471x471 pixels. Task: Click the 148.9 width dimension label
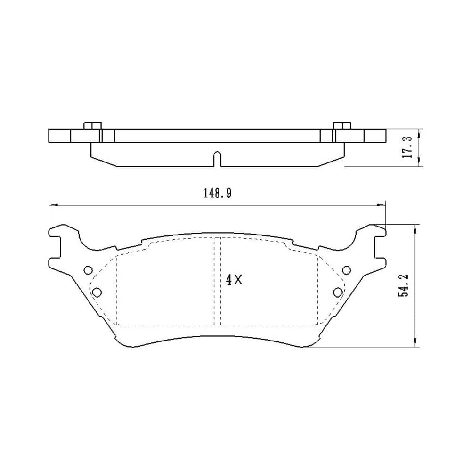pyautogui.click(x=218, y=194)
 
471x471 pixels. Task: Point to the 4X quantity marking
pyautogui.click(x=234, y=280)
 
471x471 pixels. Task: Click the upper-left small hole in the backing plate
pyautogui.click(x=88, y=270)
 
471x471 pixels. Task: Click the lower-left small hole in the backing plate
pyautogui.click(x=97, y=292)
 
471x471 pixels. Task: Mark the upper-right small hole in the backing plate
pyautogui.click(x=346, y=270)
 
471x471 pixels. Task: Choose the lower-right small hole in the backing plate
pyautogui.click(x=338, y=292)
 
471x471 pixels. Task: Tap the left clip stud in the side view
pyautogui.click(x=92, y=126)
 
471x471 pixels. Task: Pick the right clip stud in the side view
pyautogui.click(x=342, y=126)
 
